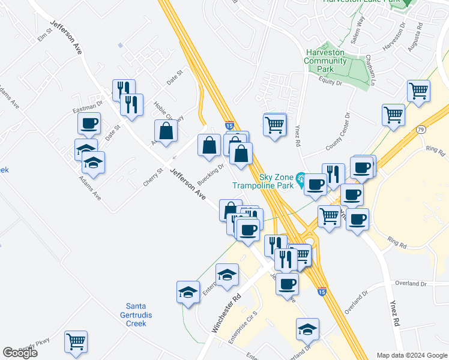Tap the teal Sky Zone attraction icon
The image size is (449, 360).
(x=300, y=178)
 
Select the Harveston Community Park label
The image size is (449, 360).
(x=325, y=61)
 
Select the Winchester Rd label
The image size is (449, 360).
(x=226, y=313)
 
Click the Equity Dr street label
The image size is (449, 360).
(x=330, y=83)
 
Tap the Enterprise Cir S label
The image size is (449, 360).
(x=243, y=328)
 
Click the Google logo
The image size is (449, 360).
(x=20, y=353)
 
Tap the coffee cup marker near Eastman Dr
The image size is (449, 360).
(x=89, y=124)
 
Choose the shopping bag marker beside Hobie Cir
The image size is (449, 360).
(x=165, y=131)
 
